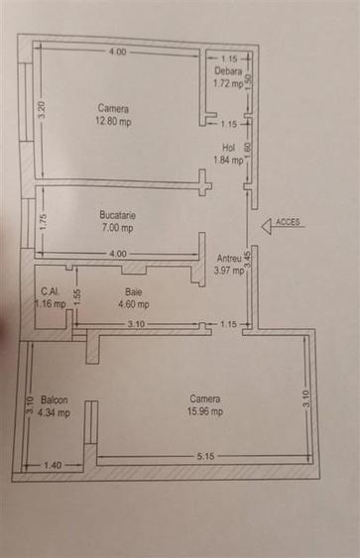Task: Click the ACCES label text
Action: click(x=289, y=222)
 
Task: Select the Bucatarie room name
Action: click(x=116, y=214)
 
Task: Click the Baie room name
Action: click(x=132, y=291)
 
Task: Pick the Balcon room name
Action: click(x=55, y=399)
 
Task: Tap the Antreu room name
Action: click(x=229, y=259)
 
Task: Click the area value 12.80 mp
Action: click(x=114, y=122)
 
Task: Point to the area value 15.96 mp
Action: click(x=206, y=411)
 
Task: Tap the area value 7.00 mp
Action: click(x=116, y=228)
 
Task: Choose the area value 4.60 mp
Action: click(x=133, y=304)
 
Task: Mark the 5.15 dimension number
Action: click(x=205, y=456)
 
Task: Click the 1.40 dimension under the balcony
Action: click(x=53, y=465)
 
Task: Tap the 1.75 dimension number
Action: click(x=43, y=221)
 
